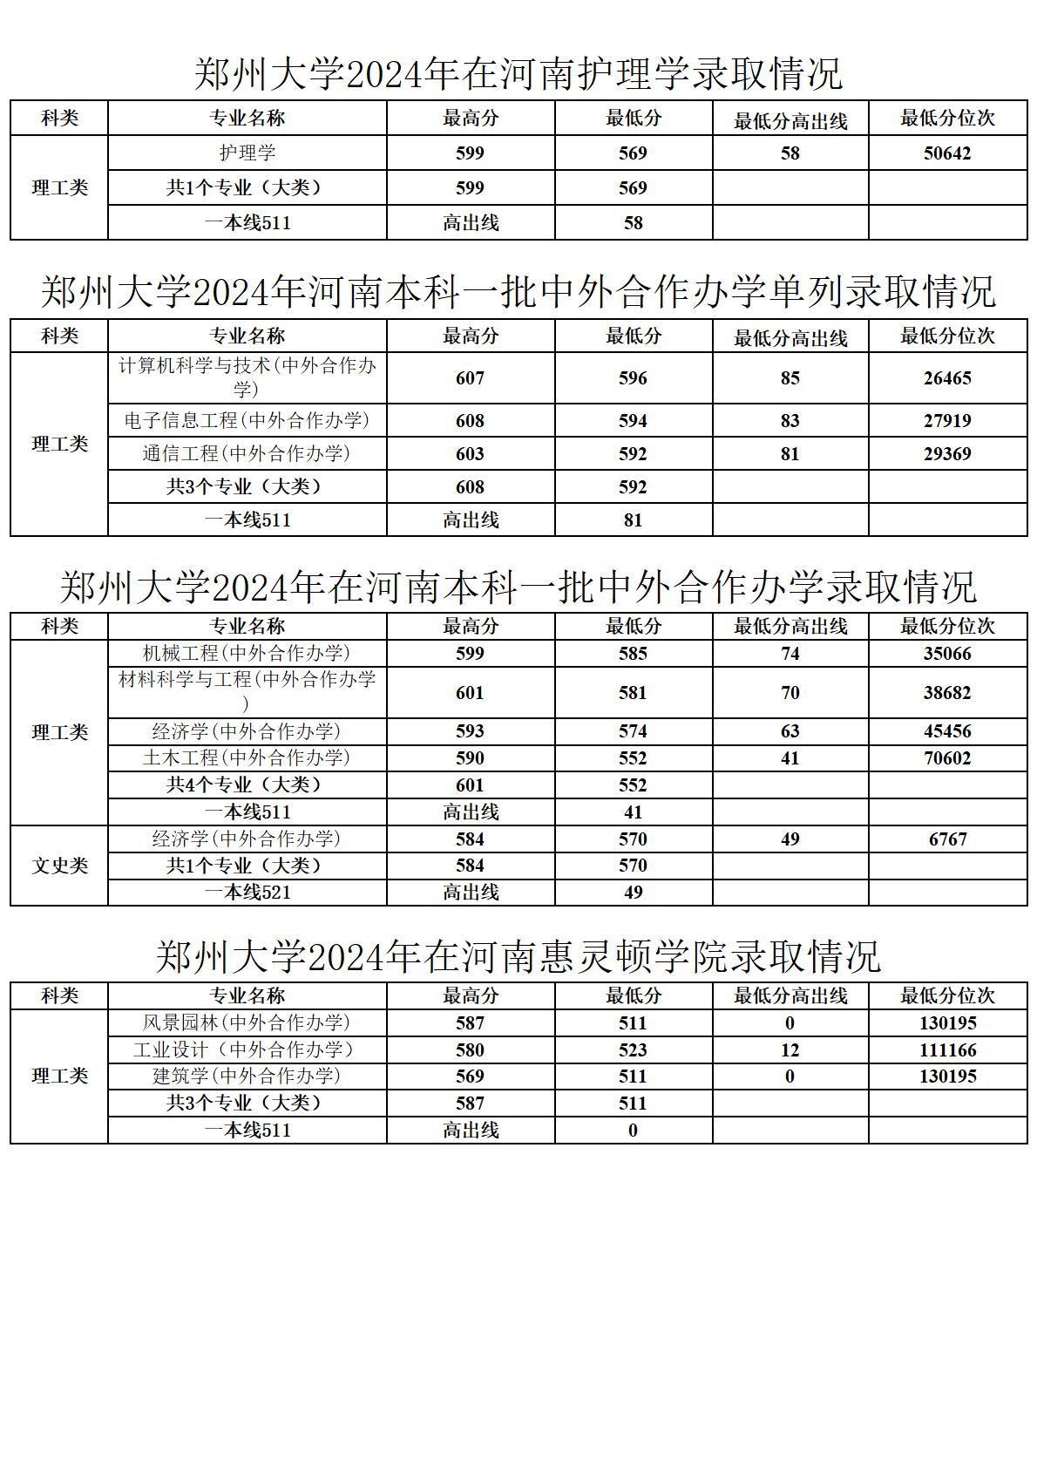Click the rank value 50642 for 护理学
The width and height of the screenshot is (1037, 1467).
tap(947, 153)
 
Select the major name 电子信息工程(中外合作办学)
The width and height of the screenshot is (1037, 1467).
tap(247, 420)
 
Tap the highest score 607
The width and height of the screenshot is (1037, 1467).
tap(470, 378)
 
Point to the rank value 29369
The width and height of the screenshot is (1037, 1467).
tap(947, 453)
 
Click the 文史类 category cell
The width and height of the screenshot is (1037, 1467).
tap(59, 866)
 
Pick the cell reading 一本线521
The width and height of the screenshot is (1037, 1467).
tap(247, 893)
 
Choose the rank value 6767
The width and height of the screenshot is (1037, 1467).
tap(947, 839)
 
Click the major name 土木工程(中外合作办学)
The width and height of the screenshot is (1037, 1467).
tap(247, 758)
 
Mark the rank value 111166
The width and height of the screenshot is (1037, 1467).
tap(947, 1049)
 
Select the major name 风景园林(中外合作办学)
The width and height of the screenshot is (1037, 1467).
tap(247, 1022)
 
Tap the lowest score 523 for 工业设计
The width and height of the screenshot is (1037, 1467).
tap(633, 1049)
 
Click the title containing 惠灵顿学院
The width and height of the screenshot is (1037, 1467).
tap(518, 957)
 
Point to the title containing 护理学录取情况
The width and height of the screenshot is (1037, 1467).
tap(518, 74)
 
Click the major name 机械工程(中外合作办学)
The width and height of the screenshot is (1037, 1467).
tap(247, 654)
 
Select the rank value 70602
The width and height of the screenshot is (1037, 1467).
tap(947, 758)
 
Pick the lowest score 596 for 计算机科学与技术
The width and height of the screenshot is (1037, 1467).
tap(633, 378)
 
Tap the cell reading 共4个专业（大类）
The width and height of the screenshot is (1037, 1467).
tap(247, 784)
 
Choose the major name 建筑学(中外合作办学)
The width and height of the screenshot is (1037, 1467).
tap(247, 1076)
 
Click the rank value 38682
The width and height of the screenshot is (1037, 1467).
tap(947, 693)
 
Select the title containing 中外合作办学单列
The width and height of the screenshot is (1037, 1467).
tap(518, 292)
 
